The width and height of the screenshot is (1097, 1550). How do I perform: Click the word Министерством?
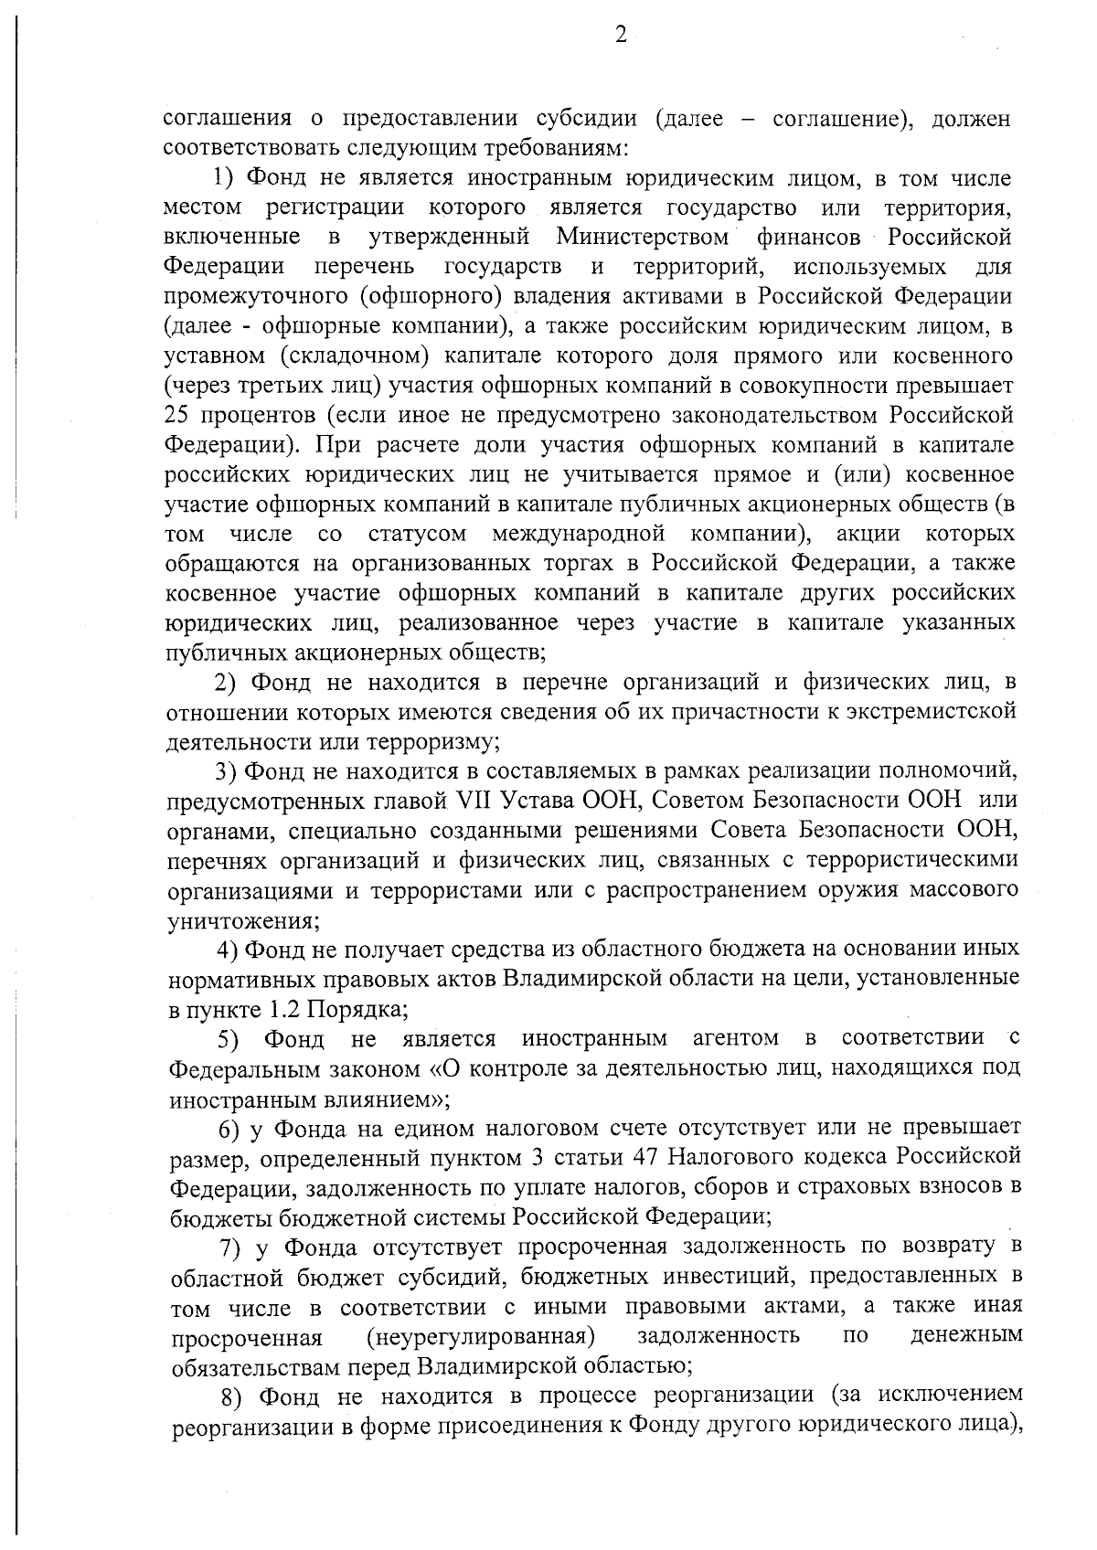click(x=643, y=238)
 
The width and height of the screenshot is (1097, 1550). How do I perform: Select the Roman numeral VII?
click(x=472, y=800)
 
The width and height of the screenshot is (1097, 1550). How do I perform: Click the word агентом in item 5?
click(x=736, y=1038)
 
